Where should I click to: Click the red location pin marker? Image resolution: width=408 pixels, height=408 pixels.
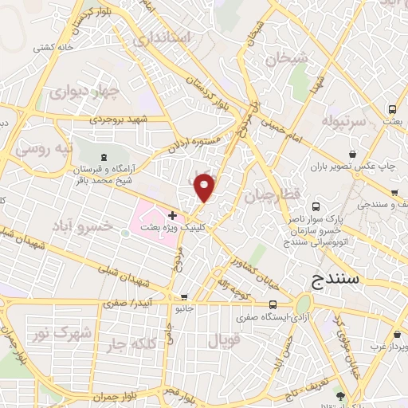pyautogui.click(x=206, y=187)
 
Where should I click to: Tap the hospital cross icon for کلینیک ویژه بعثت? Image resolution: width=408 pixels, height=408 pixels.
pyautogui.click(x=172, y=215)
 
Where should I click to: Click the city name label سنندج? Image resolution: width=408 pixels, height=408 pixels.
pyautogui.click(x=334, y=280)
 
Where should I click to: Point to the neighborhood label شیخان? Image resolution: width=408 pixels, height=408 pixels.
pyautogui.click(x=286, y=58)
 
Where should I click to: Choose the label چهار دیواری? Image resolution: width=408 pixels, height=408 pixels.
pyautogui.click(x=84, y=92)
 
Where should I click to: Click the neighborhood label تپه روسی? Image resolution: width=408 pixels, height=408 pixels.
pyautogui.click(x=45, y=149)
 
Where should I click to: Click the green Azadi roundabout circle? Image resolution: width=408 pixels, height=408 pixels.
pyautogui.click(x=303, y=304)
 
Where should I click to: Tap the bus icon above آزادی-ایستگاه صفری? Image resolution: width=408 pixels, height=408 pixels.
pyautogui.click(x=273, y=304)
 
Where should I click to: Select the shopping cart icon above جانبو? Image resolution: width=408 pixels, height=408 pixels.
pyautogui.click(x=185, y=296)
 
